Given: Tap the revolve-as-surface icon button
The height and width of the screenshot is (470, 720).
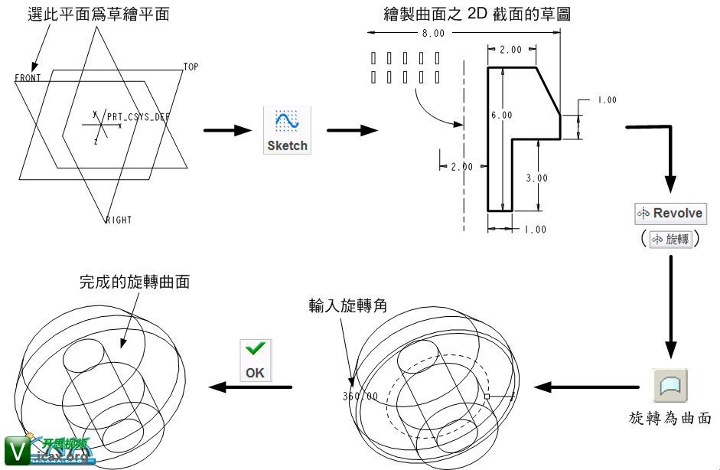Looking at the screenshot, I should (x=670, y=385).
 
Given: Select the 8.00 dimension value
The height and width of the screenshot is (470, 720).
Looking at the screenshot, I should (x=432, y=34).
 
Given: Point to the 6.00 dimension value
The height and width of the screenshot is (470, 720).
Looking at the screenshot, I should (x=502, y=115).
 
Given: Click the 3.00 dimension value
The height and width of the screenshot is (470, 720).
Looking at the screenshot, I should (x=538, y=178).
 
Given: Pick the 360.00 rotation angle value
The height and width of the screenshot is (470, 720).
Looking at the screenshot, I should (x=361, y=397).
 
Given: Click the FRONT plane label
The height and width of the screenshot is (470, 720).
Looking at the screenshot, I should (x=28, y=78).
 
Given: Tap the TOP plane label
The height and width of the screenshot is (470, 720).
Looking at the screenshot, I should (x=191, y=67).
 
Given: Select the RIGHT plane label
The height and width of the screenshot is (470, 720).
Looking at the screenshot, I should (x=119, y=220).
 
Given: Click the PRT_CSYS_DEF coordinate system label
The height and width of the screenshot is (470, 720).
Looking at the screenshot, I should (x=138, y=117).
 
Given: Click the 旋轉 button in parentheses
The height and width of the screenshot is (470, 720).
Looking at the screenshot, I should (x=670, y=240).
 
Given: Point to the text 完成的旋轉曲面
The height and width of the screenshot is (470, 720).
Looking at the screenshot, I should (x=135, y=282).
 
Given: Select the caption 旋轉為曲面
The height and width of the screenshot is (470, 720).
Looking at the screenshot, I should (x=670, y=418).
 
